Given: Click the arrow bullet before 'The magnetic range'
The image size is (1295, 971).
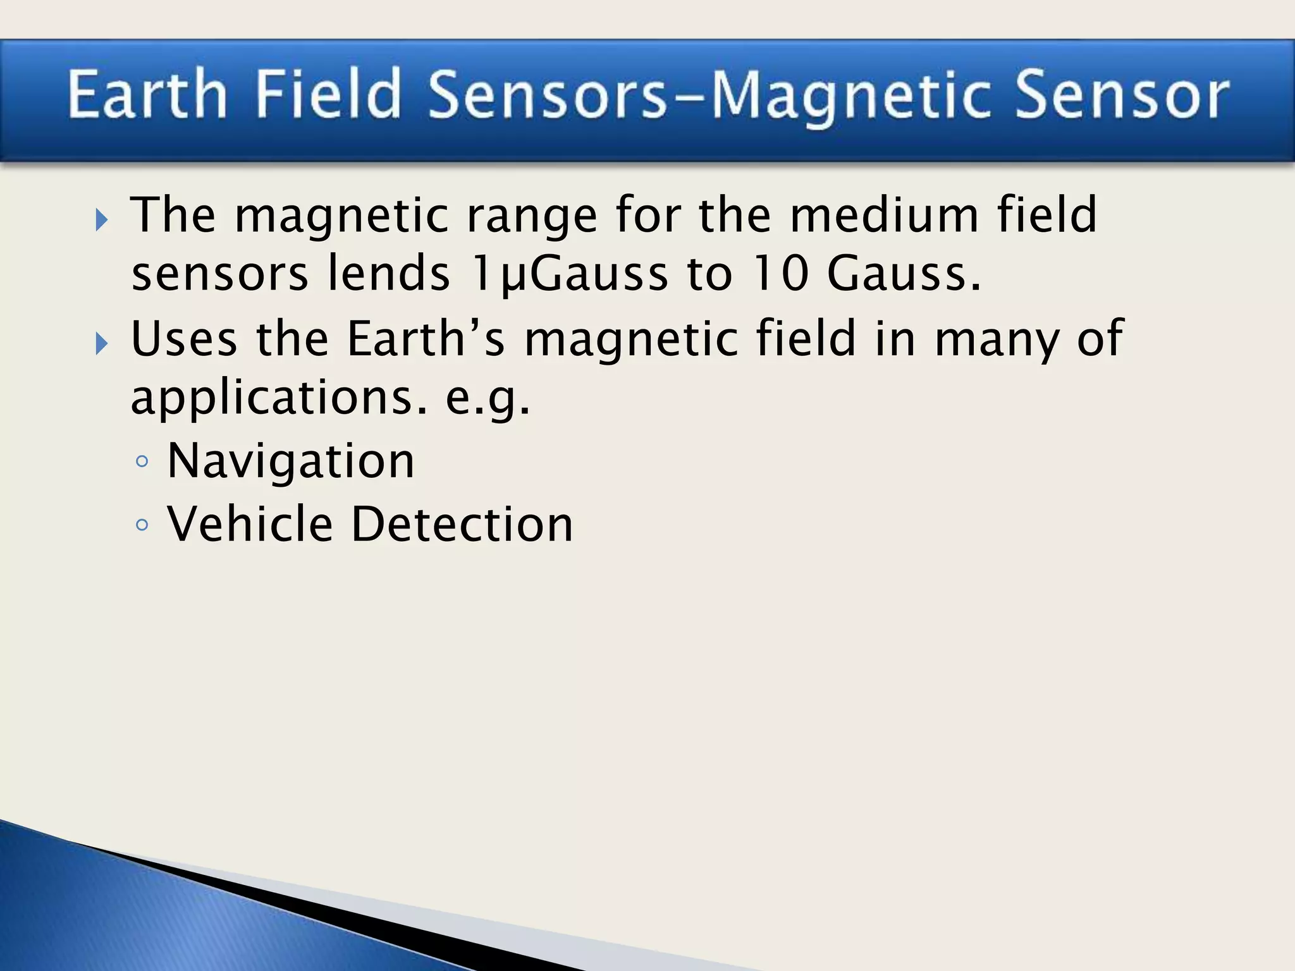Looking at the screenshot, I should click(x=102, y=221).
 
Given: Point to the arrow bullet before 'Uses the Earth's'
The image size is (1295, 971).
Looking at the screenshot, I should click(x=102, y=344).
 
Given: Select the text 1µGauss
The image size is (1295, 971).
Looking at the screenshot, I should click(x=569, y=275).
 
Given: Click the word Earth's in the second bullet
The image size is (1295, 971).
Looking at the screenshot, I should click(x=426, y=338).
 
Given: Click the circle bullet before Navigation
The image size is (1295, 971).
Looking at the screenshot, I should click(x=142, y=462).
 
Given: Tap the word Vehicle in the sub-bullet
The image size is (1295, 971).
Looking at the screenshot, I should click(x=250, y=524).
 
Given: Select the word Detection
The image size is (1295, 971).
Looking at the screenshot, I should click(x=462, y=524).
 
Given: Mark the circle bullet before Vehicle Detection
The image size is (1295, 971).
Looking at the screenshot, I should click(x=142, y=525).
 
